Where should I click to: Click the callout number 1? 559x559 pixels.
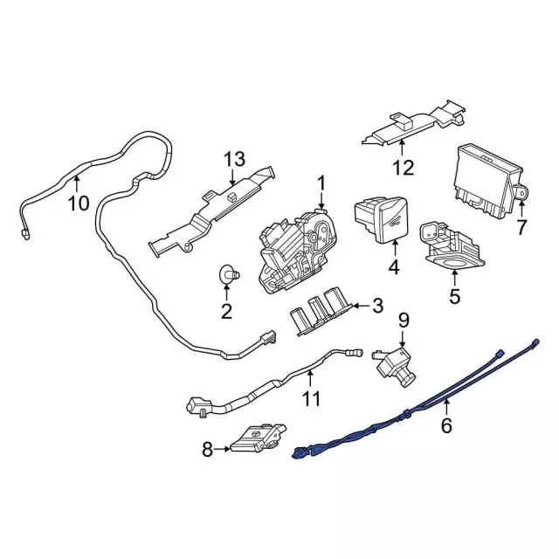pyautogui.click(x=321, y=185)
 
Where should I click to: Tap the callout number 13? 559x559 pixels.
pyautogui.click(x=235, y=159)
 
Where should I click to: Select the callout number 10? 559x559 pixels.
pyautogui.click(x=79, y=204)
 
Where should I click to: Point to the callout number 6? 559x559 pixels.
pyautogui.click(x=446, y=425)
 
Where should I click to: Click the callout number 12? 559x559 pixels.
pyautogui.click(x=404, y=167)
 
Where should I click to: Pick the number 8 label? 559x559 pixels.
pyautogui.click(x=207, y=450)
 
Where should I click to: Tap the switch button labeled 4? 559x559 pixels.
pyautogui.click(x=382, y=220)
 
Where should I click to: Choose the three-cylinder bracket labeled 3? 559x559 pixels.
pyautogui.click(x=320, y=311)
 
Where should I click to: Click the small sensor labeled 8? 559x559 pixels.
pyautogui.click(x=259, y=438)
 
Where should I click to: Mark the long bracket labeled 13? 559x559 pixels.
pyautogui.click(x=211, y=213)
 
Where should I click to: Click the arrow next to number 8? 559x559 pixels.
pyautogui.click(x=222, y=449)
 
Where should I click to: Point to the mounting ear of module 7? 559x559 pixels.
pyautogui.click(x=521, y=193)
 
